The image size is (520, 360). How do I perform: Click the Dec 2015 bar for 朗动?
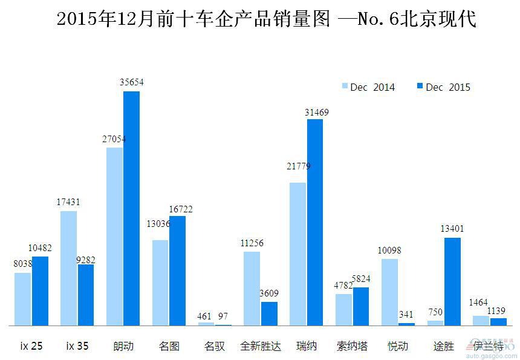[x=131, y=208]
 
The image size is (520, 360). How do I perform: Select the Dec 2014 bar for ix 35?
[x=69, y=268]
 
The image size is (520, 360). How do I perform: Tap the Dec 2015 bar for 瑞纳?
[x=314, y=222]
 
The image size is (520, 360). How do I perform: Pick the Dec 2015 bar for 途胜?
[x=452, y=281]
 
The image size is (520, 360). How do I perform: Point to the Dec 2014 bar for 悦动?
[x=389, y=292]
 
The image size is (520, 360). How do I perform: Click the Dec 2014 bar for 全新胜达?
[x=252, y=289]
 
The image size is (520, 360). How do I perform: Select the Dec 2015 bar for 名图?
[x=177, y=270]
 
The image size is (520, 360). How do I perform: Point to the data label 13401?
[x=452, y=229]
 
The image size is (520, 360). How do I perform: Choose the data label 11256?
[x=252, y=243]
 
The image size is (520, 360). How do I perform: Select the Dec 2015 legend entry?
[x=443, y=87]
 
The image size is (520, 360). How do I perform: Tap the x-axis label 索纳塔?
[x=351, y=347]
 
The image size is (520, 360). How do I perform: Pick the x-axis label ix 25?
[x=31, y=347]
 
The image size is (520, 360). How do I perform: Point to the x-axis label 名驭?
[x=215, y=347]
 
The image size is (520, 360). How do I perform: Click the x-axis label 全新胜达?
[x=261, y=347]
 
